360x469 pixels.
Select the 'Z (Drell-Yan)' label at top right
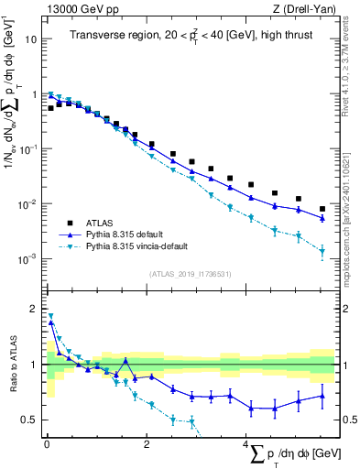[x=304, y=8]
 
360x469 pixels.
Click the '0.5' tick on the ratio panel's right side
[x=348, y=420]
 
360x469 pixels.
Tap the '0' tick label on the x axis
[x=47, y=445]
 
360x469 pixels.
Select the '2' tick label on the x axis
[x=147, y=445]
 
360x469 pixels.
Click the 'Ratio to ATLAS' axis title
[x=12, y=364]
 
